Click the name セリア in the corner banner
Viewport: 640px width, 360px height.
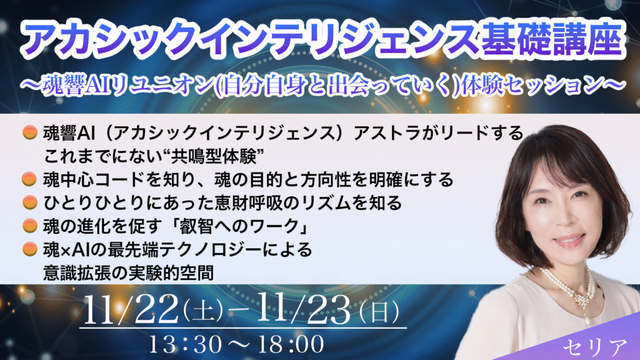pyautogui.click(x=595, y=347)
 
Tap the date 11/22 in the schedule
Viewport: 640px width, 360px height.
pyautogui.click(x=131, y=309)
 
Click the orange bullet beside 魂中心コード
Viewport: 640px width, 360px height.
pyautogui.click(x=29, y=179)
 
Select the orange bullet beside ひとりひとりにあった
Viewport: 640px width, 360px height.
pyautogui.click(x=29, y=202)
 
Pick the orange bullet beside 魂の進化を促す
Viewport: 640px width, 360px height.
pyautogui.click(x=29, y=225)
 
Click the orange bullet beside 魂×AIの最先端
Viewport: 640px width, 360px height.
pyautogui.click(x=29, y=249)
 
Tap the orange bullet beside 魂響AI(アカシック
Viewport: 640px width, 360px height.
pyautogui.click(x=29, y=132)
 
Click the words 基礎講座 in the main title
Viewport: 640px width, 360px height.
pyautogui.click(x=552, y=39)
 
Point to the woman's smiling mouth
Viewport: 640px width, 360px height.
pyautogui.click(x=569, y=241)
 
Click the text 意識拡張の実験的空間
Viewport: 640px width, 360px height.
pyautogui.click(x=129, y=272)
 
